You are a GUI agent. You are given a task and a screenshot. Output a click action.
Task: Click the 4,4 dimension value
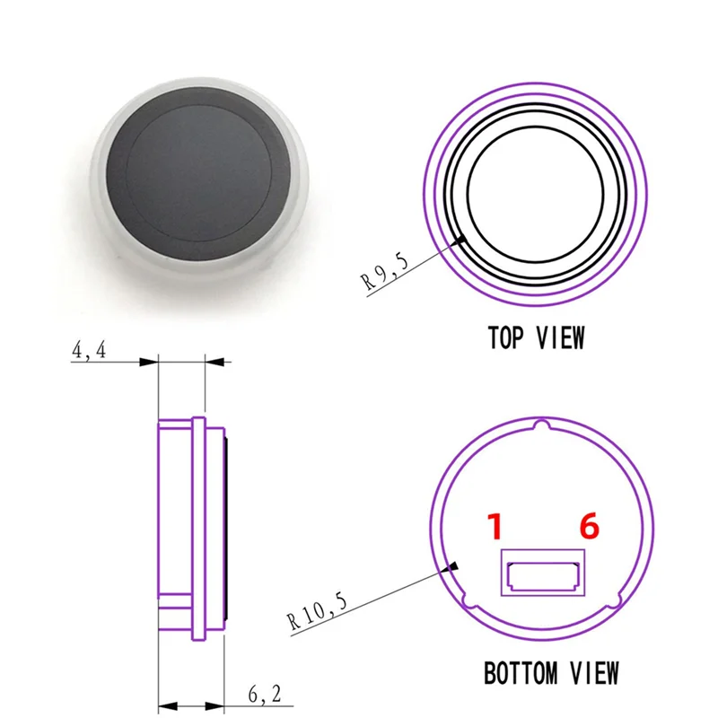89,352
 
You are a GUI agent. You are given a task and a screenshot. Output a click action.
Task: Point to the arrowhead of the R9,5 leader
462,240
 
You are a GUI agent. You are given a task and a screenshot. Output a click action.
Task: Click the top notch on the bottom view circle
541,425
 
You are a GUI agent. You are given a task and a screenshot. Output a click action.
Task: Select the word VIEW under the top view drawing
561,338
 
